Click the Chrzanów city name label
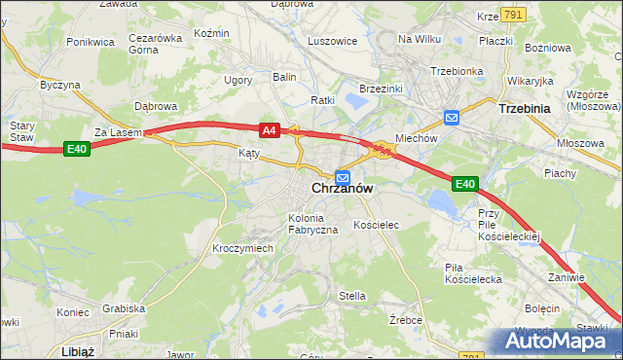(343, 190)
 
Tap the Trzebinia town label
(525, 109)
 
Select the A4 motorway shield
(270, 128)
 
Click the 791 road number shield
(515, 16)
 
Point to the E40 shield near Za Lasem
(77, 148)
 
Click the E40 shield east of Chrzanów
(464, 183)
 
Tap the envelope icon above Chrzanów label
(343, 176)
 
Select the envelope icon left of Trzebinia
(452, 118)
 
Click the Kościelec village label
(377, 225)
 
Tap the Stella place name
(351, 296)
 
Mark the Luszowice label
(332, 41)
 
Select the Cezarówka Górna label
(156, 45)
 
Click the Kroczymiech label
(242, 248)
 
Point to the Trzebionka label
(457, 71)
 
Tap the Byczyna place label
(59, 85)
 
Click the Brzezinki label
(383, 89)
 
